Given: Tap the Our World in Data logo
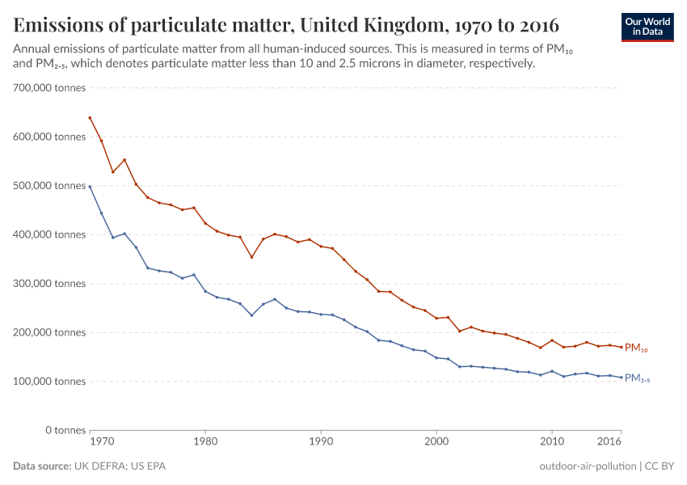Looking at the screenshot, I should [x=647, y=27].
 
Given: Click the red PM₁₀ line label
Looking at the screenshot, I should [x=636, y=348].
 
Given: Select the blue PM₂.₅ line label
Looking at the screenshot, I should [x=638, y=378].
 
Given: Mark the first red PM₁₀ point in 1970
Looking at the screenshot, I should [x=90, y=117].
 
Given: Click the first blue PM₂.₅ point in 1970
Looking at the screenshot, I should [x=90, y=187].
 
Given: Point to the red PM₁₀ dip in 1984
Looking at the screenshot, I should [x=251, y=257].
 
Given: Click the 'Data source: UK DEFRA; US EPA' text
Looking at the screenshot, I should [x=90, y=466].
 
